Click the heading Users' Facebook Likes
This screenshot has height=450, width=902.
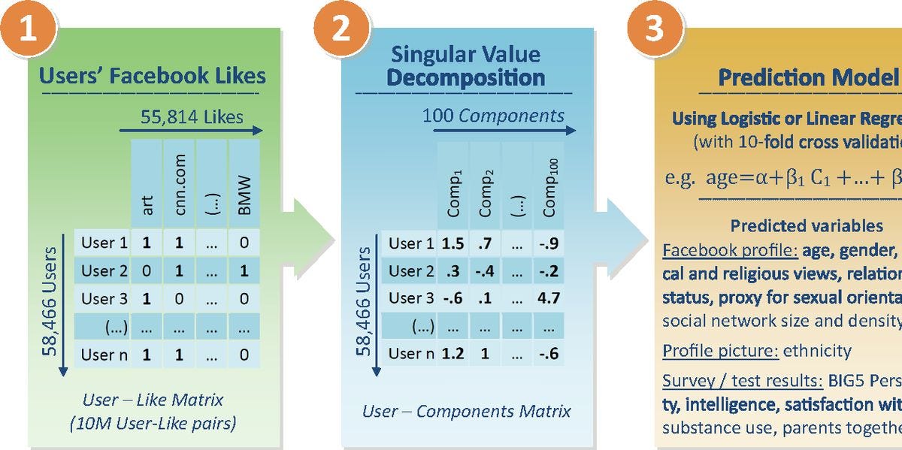pyautogui.click(x=152, y=76)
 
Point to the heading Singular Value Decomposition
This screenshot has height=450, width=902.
pyautogui.click(x=466, y=65)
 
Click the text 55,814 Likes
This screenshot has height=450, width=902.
pyautogui.click(x=192, y=116)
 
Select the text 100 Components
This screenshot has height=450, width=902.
pyautogui.click(x=493, y=116)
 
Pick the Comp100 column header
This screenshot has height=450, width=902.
pyautogui.click(x=549, y=192)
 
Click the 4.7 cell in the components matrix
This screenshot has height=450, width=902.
pyautogui.click(x=549, y=298)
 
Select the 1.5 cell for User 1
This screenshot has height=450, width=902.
pyautogui.click(x=453, y=243)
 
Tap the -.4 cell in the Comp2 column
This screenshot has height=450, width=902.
pyautogui.click(x=484, y=271)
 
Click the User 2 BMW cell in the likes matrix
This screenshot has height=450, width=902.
pyautogui.click(x=244, y=270)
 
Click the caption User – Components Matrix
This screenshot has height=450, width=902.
pyautogui.click(x=466, y=411)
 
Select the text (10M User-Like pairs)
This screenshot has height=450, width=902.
pyautogui.click(x=153, y=424)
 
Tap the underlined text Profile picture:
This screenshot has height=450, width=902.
pyautogui.click(x=720, y=351)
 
